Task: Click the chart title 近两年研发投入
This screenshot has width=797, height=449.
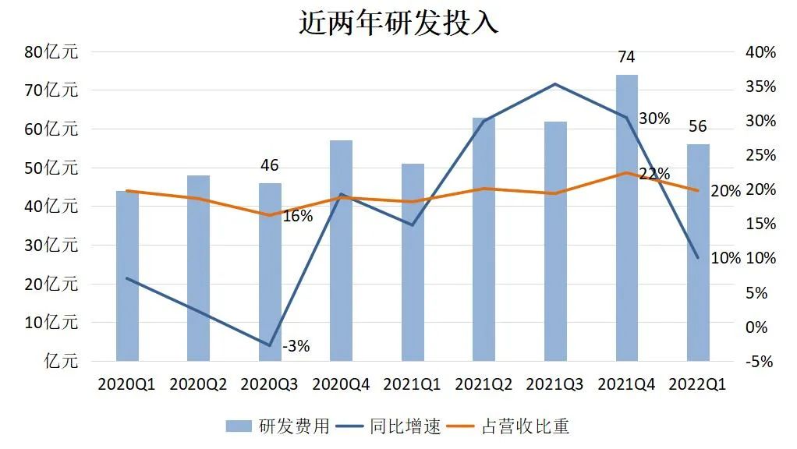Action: pos(398,23)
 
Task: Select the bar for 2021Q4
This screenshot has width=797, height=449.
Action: pos(627,218)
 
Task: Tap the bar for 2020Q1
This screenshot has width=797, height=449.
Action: pos(127,276)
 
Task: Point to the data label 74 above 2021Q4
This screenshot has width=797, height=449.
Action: pos(626,57)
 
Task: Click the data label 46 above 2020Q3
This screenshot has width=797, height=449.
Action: pos(269,165)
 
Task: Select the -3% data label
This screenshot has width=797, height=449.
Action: pos(296,346)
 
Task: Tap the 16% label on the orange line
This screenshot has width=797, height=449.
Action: pos(297,217)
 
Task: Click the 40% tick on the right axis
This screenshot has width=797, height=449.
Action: pos(760,52)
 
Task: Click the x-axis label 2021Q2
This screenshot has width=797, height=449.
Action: pos(484,384)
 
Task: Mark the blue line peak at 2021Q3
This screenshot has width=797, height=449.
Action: pos(555,84)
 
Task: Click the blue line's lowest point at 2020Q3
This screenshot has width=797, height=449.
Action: pos(270,345)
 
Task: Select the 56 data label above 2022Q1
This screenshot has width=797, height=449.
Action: pos(697,127)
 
